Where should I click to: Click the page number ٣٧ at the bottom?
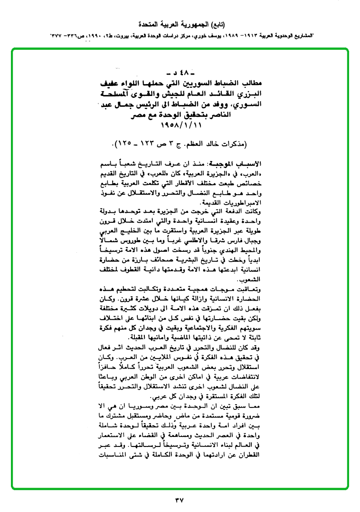[x=180, y=499]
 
